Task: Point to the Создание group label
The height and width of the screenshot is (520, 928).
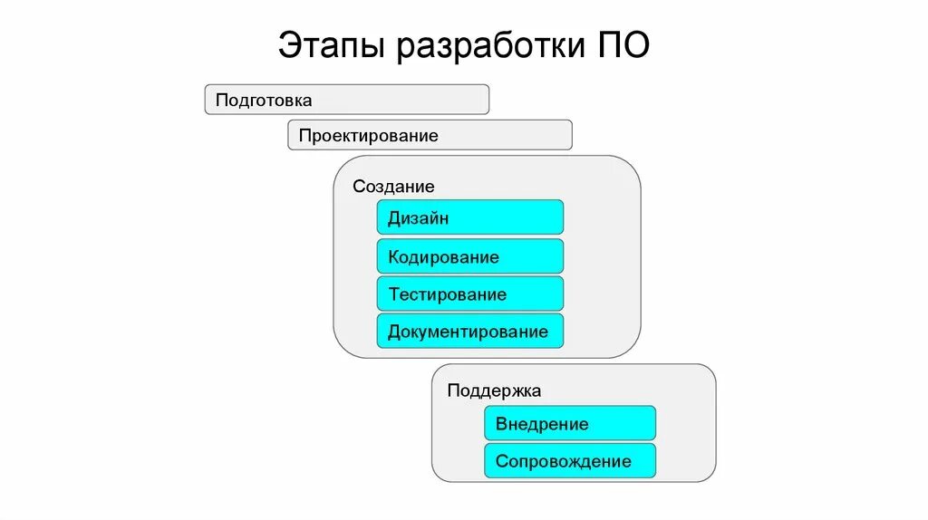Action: (393, 187)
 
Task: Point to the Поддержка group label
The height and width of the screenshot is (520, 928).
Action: (494, 391)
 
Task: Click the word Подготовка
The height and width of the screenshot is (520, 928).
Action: (264, 100)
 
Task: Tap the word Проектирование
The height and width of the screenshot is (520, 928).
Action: (368, 136)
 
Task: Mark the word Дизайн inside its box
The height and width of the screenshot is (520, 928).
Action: (418, 218)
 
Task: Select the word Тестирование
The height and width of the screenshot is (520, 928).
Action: (447, 294)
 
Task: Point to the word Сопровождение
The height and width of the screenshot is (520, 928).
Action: (563, 461)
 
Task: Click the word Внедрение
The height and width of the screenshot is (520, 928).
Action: (542, 424)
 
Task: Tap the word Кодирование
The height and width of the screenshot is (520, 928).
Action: (443, 257)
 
